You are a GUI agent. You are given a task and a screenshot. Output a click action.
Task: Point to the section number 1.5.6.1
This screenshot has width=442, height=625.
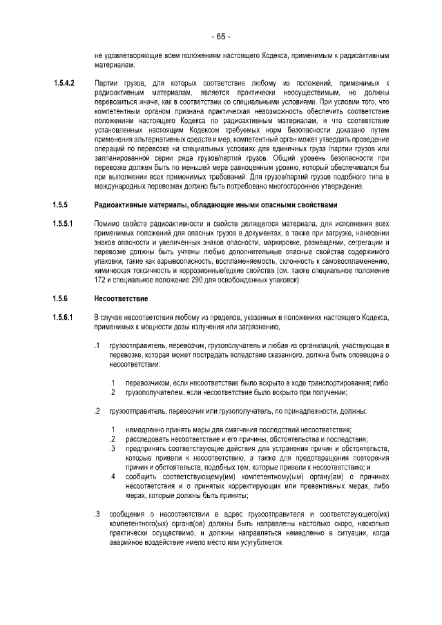(64, 316)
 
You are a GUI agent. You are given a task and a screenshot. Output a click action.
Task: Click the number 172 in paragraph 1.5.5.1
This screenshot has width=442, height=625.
(100, 280)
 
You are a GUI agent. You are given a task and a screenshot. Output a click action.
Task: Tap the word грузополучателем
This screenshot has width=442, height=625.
(155, 392)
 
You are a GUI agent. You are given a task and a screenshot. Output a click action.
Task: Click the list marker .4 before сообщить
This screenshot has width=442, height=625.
(111, 476)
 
